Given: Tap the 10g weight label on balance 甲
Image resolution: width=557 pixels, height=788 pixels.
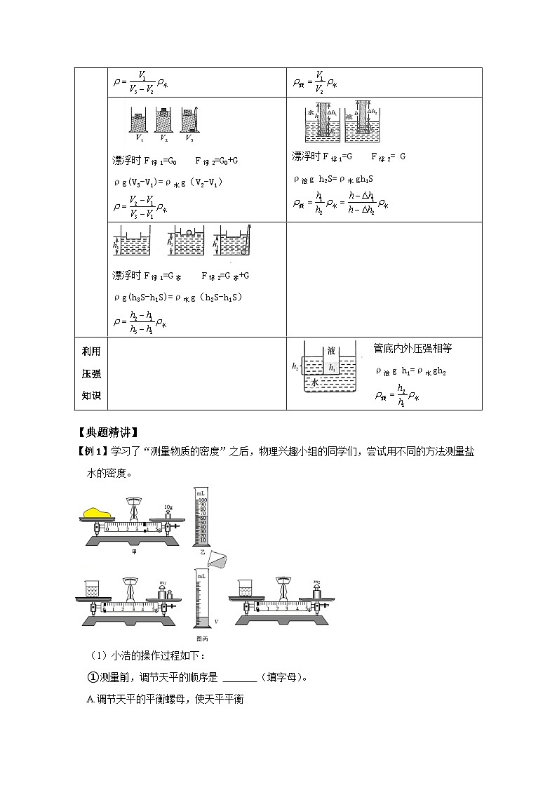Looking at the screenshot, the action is pos(168,505).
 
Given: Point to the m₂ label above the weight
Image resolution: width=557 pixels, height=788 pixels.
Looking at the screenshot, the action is pos(317,582).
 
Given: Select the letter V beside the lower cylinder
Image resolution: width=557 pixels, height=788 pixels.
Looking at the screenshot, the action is pos(216,622).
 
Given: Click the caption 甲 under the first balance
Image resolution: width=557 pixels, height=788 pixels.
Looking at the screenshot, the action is pos(134,552).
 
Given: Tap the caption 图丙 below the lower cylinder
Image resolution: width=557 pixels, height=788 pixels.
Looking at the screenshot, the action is pos(202,639).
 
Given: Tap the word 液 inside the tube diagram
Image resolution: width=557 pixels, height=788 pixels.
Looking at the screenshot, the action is pos(332,350).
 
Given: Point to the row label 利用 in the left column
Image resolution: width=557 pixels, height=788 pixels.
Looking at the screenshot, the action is pos(91,350).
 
